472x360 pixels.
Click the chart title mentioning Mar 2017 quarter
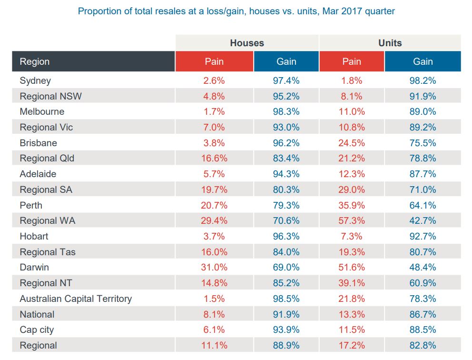coord(236,10)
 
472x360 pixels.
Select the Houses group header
coord(247,43)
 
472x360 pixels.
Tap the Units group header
coord(390,43)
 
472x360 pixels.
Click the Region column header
coord(35,61)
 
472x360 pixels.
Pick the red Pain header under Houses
coord(214,61)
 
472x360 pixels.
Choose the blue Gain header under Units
coord(423,61)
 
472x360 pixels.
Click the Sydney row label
coord(35,80)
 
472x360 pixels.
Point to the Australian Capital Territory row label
coord(76,299)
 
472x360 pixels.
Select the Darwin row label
coord(34,268)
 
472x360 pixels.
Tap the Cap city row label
coord(37,330)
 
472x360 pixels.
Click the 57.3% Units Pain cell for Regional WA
coord(352,220)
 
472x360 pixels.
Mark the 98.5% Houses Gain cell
coord(286,299)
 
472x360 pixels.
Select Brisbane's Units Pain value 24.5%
coord(352,143)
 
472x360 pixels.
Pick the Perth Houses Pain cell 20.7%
coord(214,205)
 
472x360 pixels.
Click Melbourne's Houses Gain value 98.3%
coord(286,111)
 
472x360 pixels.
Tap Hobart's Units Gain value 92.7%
coord(423,236)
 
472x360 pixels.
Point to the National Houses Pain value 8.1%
coord(214,314)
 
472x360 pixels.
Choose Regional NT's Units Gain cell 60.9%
coord(423,283)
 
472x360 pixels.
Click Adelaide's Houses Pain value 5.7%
coord(214,174)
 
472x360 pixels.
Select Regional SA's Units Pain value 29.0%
coord(352,190)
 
